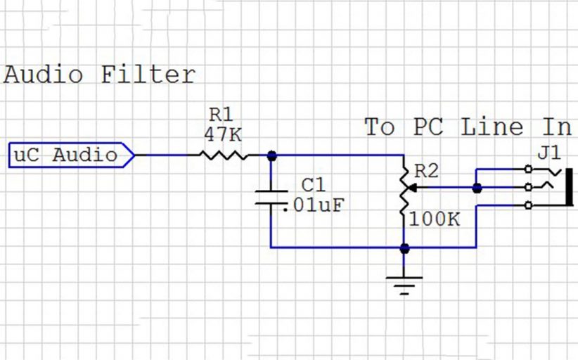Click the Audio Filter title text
(x=99, y=75)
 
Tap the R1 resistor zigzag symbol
(x=224, y=155)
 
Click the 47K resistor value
(x=224, y=133)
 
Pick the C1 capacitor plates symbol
(x=271, y=197)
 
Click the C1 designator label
(x=314, y=185)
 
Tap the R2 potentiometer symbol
(x=404, y=188)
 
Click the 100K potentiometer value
(x=433, y=220)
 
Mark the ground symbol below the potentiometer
(x=404, y=283)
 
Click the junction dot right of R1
(x=272, y=155)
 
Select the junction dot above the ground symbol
(x=404, y=247)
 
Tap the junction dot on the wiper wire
(x=477, y=188)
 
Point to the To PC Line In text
(x=468, y=127)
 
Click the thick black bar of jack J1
(x=569, y=187)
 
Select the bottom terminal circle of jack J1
(x=528, y=205)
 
